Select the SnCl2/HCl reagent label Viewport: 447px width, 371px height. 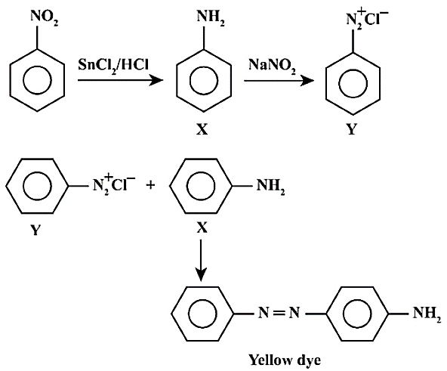pyautogui.click(x=113, y=65)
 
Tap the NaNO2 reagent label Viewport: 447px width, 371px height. pyautogui.click(x=273, y=65)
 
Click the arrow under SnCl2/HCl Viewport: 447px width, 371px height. pyautogui.click(x=120, y=80)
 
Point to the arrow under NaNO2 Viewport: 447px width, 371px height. pyautogui.click(x=279, y=81)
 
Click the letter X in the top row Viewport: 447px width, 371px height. pyautogui.click(x=202, y=130)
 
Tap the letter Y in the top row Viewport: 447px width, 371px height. pyautogui.click(x=352, y=130)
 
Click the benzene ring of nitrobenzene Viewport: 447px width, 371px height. pyautogui.click(x=37, y=80)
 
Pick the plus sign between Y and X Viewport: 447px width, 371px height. pyautogui.click(x=150, y=186)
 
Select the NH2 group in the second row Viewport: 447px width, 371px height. pyautogui.click(x=270, y=187)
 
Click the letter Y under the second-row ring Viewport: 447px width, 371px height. pyautogui.click(x=35, y=230)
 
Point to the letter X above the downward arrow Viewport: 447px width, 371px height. pyautogui.click(x=202, y=228)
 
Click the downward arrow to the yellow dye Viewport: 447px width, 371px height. pyautogui.click(x=201, y=260)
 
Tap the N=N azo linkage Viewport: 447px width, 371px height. pyautogui.click(x=279, y=313)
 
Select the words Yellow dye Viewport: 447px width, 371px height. pyautogui.click(x=285, y=360)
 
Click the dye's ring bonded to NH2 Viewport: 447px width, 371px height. pyautogui.click(x=358, y=314)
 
